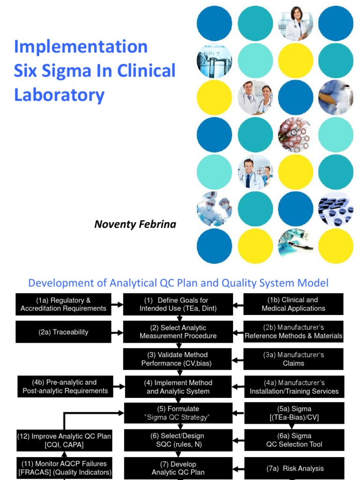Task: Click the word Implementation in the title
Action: pos(81,46)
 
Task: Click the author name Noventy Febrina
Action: pos(135,224)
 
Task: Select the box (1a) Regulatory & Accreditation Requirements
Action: pos(63,304)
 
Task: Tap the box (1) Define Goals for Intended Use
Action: pos(178,304)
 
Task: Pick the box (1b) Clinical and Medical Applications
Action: pos(293,304)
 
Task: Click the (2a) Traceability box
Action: pos(63,332)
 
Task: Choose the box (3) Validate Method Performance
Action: pos(178,359)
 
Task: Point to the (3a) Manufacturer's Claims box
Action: pos(293,359)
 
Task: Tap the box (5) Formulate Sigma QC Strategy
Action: pos(178,413)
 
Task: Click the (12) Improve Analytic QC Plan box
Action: pos(64,440)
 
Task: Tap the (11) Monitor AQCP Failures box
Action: pos(64,468)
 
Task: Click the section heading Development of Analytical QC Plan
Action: pos(178,283)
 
